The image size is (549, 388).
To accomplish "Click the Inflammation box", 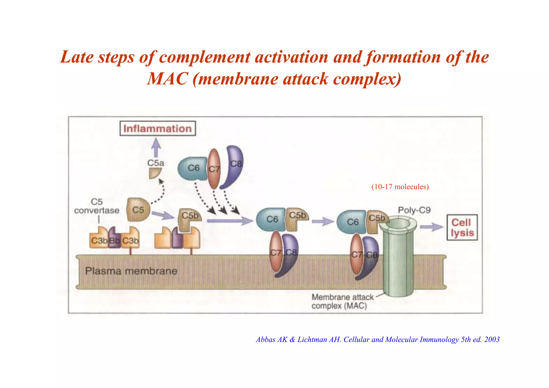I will (158, 129).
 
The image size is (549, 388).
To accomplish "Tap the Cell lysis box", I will (462, 227).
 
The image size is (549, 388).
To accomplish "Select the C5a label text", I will (156, 163).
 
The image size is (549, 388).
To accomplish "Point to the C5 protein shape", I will (138, 210).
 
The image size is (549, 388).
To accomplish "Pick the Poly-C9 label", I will (414, 210).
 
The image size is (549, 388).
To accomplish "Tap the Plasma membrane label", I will (131, 271).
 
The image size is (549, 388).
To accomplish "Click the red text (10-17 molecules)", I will (400, 187).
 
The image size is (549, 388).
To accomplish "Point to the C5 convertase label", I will (97, 206).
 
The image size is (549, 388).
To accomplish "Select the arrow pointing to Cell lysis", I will (431, 227).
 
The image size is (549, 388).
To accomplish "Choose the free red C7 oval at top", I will (214, 169).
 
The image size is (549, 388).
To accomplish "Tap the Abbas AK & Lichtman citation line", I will (377, 339).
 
